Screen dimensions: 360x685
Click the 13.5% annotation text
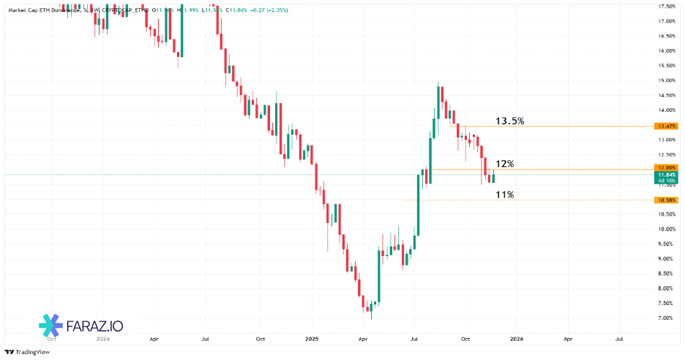pos(509,121)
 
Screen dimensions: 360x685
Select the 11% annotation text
pos(505,195)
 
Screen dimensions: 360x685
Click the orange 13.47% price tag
pos(667,127)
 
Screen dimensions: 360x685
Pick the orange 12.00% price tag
pos(667,169)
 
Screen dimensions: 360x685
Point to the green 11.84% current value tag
pos(667,178)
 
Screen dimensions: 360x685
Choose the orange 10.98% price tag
pos(667,200)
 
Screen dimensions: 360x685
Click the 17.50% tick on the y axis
pos(666,7)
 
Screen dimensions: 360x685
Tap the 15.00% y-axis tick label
pos(666,80)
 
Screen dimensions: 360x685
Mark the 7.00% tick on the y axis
pos(666,318)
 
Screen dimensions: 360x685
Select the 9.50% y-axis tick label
pos(666,244)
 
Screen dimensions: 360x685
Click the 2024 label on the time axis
pos(102,340)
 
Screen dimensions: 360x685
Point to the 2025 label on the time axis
pos(312,340)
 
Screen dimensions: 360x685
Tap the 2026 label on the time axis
pos(517,340)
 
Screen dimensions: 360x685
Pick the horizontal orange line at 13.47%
pos(556,127)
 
